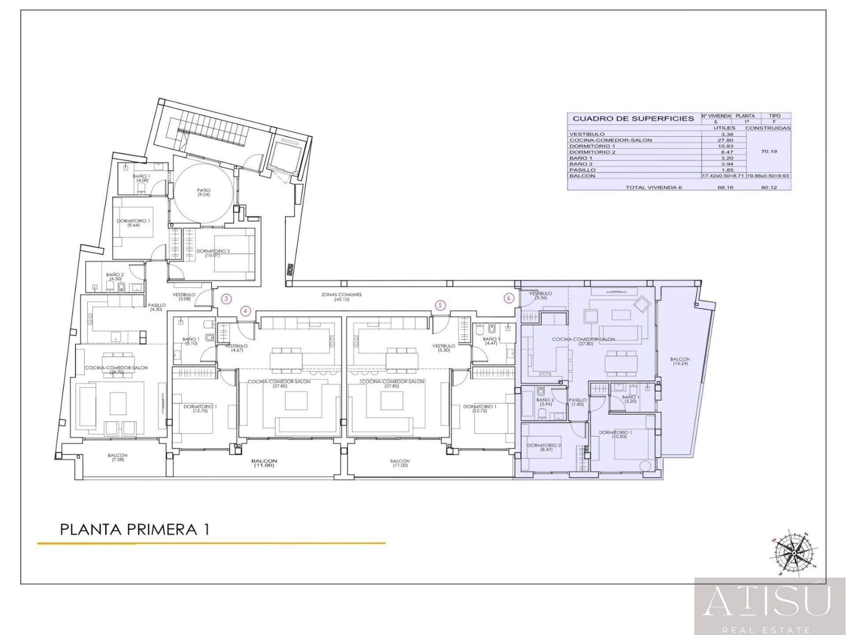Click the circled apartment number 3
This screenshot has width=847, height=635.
226,299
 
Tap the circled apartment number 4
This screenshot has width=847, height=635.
246,311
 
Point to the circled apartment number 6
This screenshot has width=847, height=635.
509,299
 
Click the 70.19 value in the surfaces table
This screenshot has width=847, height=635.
769,151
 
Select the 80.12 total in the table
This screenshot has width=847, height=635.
769,187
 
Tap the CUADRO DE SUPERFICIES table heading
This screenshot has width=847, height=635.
633,119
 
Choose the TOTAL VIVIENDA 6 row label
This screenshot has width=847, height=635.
653,187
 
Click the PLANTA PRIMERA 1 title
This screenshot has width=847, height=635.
134,529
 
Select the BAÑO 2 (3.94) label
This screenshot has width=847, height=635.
545,402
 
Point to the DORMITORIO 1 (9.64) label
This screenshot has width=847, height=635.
134,223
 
